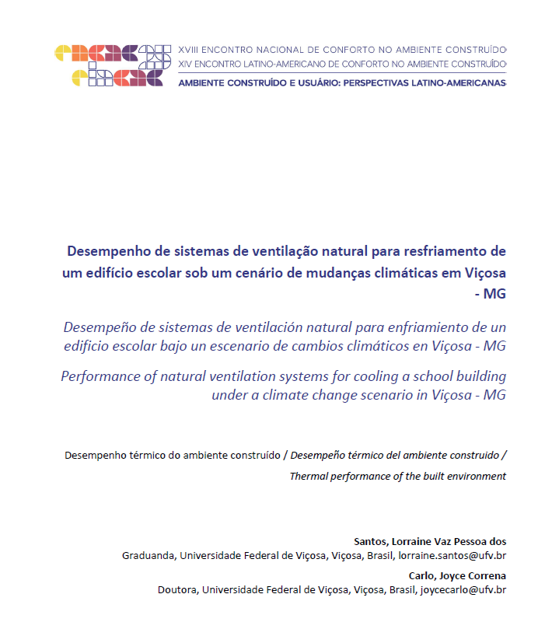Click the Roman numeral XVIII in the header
click(x=189, y=47)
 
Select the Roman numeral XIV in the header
click(x=186, y=62)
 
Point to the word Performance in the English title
click(x=100, y=376)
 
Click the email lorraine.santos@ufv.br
click(x=452, y=556)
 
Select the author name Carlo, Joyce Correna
click(x=457, y=575)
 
